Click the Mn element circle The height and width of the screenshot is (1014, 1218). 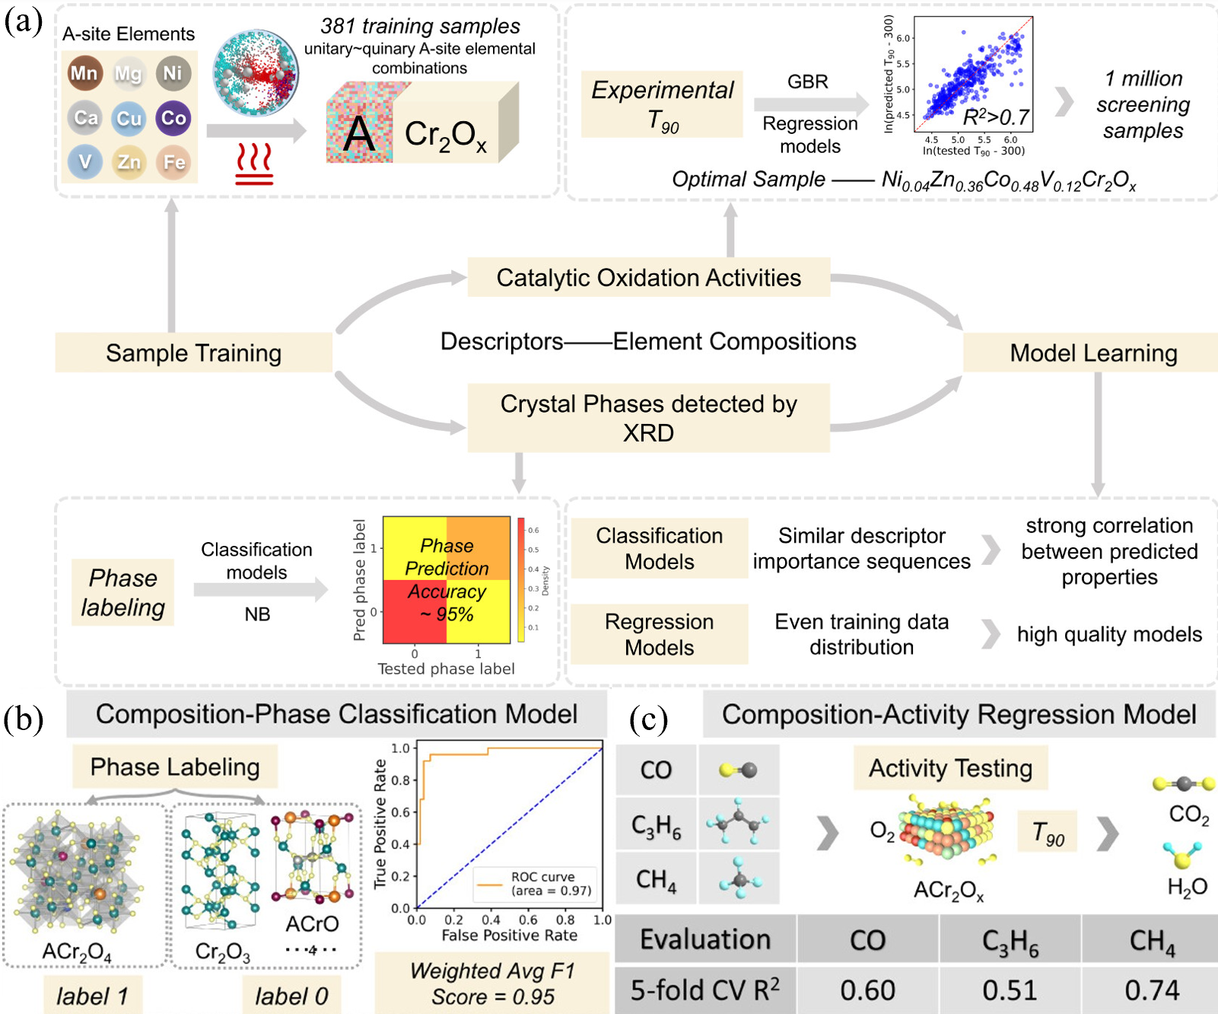[x=84, y=73]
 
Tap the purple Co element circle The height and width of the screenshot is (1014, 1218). [x=173, y=118]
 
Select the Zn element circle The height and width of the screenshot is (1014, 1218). [x=129, y=162]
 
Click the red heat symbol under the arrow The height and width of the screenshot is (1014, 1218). [x=254, y=167]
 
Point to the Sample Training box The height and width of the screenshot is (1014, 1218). [x=193, y=352]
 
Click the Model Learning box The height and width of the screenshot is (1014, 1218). [x=1092, y=352]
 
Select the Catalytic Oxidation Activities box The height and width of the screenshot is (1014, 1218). [x=648, y=278]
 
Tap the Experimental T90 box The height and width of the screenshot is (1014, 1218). [x=662, y=104]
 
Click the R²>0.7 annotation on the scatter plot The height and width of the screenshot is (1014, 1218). [x=996, y=117]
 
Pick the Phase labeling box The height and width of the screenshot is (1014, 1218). [x=122, y=592]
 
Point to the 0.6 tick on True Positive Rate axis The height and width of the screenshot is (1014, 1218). [x=401, y=812]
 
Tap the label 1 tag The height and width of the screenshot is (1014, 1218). [x=91, y=996]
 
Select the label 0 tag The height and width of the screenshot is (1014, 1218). [x=291, y=996]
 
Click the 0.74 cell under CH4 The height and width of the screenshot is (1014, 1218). [x=1152, y=990]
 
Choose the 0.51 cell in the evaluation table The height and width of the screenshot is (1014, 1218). [x=1010, y=990]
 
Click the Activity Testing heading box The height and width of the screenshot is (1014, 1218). [x=950, y=768]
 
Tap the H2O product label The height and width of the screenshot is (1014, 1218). [x=1187, y=887]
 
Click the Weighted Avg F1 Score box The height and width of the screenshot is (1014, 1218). [x=492, y=983]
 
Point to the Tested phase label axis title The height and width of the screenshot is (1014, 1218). [x=446, y=668]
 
